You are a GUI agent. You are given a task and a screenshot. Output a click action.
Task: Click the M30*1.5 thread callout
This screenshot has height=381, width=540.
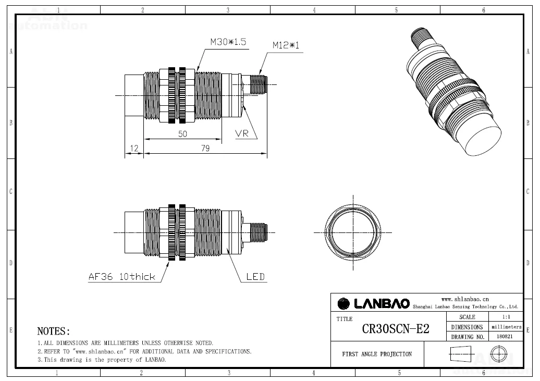coord(228,42)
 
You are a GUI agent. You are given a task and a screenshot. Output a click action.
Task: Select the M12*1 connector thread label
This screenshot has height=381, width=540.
coord(286,45)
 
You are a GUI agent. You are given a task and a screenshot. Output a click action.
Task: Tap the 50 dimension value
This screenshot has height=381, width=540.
coord(182,133)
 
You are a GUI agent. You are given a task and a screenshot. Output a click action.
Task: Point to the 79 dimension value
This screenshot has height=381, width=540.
coord(205,148)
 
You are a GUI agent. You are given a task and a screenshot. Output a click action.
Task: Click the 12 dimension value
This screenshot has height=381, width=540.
coord(134,148)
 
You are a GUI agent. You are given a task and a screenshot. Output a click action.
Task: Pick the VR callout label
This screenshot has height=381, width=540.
coord(242,133)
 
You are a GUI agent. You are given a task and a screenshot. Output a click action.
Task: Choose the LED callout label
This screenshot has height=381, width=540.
coord(255,277)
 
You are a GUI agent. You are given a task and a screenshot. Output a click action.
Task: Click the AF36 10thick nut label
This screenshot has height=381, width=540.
coord(122,277)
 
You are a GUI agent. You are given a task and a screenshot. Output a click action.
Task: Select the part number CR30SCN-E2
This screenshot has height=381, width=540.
coord(396,329)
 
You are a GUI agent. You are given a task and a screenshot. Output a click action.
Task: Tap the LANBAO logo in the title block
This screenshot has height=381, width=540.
coord(374,303)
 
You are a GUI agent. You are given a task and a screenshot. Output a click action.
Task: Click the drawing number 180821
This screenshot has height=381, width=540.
coord(505,337)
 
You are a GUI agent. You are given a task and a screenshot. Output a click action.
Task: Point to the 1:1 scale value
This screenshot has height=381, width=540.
coord(506,317)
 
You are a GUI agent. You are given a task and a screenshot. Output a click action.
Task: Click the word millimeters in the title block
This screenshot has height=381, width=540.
coord(506,327)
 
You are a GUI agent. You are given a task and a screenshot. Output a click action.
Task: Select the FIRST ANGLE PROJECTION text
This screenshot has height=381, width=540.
coord(377,354)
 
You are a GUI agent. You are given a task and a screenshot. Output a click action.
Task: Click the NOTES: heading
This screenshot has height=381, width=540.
coord(53,331)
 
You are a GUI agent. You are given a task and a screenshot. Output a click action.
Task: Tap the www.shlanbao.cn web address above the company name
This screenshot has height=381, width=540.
coord(465,299)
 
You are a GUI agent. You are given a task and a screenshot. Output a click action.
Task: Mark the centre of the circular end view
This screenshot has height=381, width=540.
coord(353,232)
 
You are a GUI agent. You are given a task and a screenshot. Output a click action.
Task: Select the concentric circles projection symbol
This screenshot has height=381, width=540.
coord(499,354)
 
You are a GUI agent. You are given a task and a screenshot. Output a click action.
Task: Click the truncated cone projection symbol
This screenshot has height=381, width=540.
coord(460,354)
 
